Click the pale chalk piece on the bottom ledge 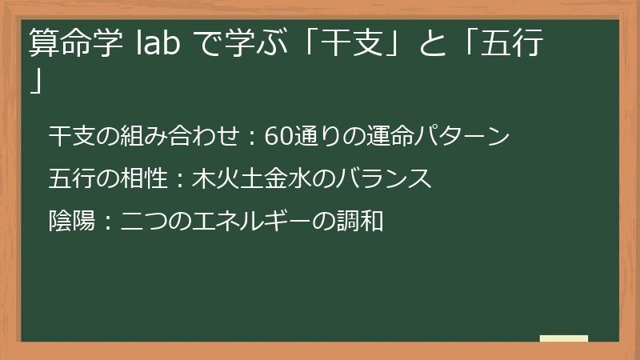(x=563, y=338)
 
